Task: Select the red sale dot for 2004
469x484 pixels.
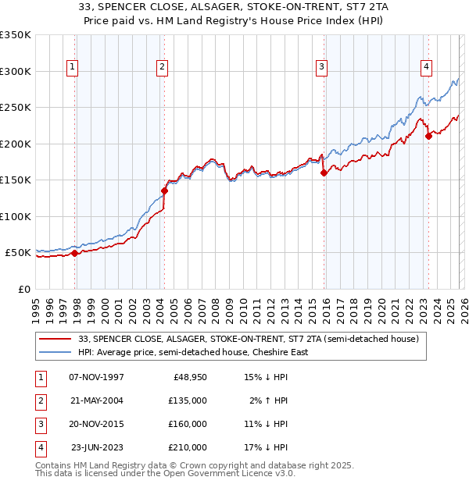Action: pos(165,190)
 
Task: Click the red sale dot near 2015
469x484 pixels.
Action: pos(324,173)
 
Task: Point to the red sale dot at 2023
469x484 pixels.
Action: pos(428,137)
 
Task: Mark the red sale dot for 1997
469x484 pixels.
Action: pos(75,253)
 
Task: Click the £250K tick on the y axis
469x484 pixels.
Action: pos(15,108)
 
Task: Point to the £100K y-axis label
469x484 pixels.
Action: pos(15,216)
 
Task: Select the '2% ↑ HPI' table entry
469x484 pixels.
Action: pos(268,400)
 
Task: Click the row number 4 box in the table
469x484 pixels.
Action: pos(40,447)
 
